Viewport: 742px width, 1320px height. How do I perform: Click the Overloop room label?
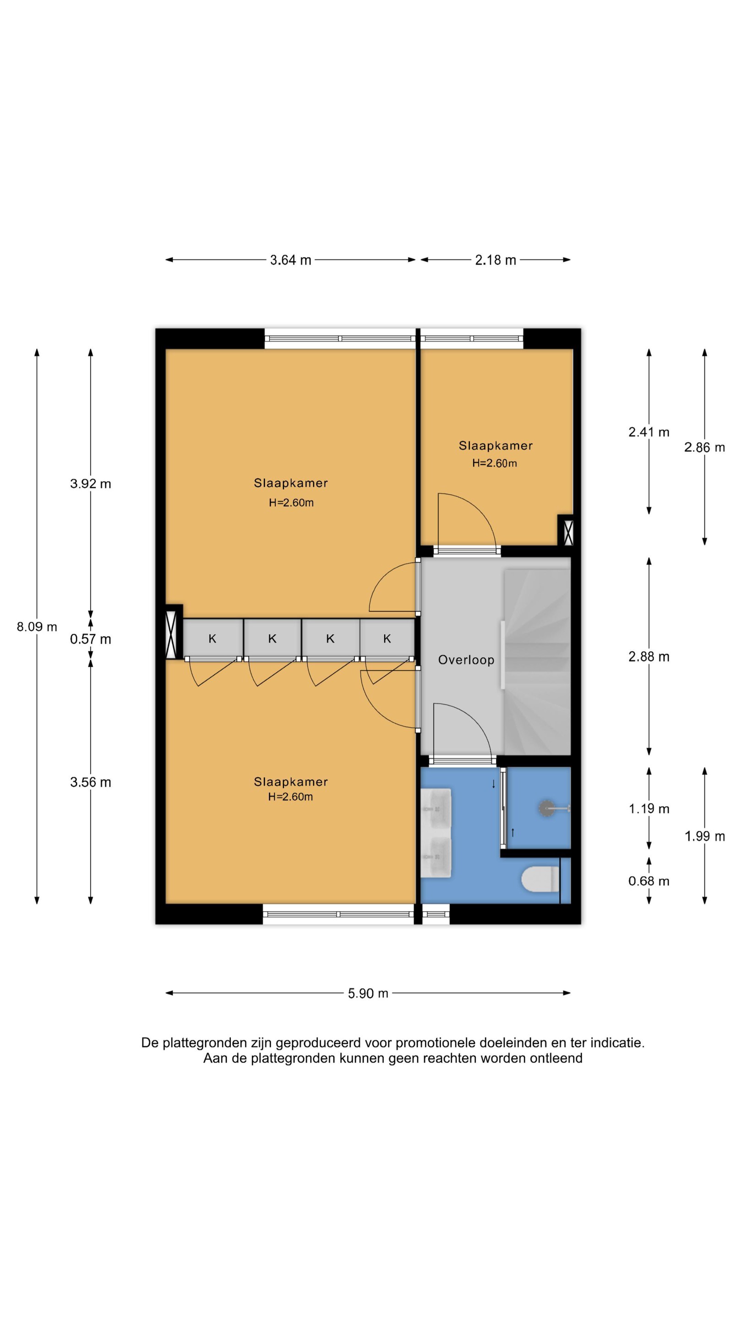tap(465, 660)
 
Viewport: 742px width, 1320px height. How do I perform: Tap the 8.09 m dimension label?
tap(37, 626)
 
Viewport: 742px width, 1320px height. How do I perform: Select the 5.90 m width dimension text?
tap(368, 993)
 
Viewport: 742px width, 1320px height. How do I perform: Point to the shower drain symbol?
tap(546, 808)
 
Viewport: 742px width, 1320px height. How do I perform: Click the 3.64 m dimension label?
tap(290, 260)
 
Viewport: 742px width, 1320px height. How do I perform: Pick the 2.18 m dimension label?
tap(495, 260)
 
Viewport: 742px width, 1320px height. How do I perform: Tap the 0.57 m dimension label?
tap(90, 638)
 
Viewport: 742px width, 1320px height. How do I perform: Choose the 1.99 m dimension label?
tap(704, 836)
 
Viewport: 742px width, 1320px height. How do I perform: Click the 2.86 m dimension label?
tap(704, 447)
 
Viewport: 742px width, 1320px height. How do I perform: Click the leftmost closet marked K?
tap(213, 638)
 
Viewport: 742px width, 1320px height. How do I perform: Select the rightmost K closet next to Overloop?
tap(387, 638)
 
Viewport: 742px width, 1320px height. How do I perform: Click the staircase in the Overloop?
tap(537, 661)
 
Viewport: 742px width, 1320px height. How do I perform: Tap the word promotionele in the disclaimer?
tap(435, 1043)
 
